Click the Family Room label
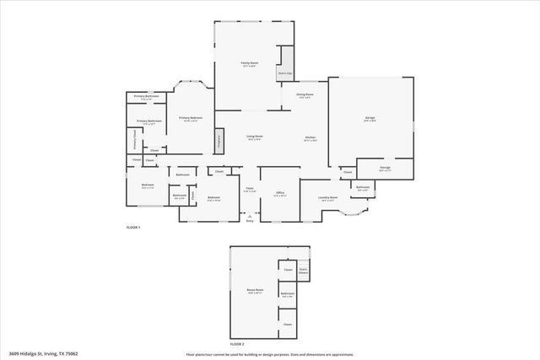(249, 64)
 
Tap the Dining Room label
(304, 96)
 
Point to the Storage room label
(385, 168)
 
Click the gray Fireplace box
(219, 141)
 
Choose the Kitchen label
(310, 138)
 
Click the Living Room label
(254, 137)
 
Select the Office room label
(280, 194)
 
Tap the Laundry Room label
(328, 198)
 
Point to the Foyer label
(249, 190)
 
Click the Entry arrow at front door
(249, 218)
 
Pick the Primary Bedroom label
(191, 119)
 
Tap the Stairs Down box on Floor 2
(303, 272)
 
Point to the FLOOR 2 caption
(237, 345)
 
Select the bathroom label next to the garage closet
(363, 188)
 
